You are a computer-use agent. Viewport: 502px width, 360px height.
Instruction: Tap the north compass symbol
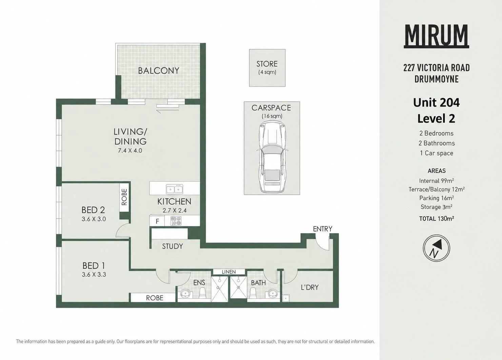point(436,248)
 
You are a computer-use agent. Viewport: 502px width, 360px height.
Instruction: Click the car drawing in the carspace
point(272,157)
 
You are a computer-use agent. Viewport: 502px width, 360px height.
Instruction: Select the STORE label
point(267,64)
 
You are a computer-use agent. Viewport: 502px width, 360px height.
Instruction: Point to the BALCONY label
point(158,71)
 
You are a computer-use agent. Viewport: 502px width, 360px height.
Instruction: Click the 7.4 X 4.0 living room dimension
point(130,151)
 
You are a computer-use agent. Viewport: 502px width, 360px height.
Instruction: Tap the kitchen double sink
point(174,189)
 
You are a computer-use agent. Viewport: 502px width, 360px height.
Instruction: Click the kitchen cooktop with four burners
point(176,221)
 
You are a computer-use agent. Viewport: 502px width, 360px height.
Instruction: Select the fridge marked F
point(157,221)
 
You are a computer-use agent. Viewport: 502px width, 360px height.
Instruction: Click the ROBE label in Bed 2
point(124,197)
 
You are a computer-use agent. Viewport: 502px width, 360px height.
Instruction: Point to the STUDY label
point(172,246)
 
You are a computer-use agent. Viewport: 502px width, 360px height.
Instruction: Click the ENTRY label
point(322,229)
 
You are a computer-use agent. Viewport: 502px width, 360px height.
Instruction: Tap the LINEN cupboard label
point(229,272)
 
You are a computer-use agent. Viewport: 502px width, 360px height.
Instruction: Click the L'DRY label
point(309,287)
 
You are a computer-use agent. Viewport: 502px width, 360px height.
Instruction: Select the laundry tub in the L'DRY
point(286,298)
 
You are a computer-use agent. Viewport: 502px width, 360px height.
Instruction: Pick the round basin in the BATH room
point(273,293)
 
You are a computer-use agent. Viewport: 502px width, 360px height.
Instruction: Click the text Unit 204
point(436,102)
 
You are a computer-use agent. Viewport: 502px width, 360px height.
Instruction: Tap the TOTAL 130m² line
point(436,219)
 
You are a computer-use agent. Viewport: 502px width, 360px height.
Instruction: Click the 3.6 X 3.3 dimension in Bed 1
point(94,274)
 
